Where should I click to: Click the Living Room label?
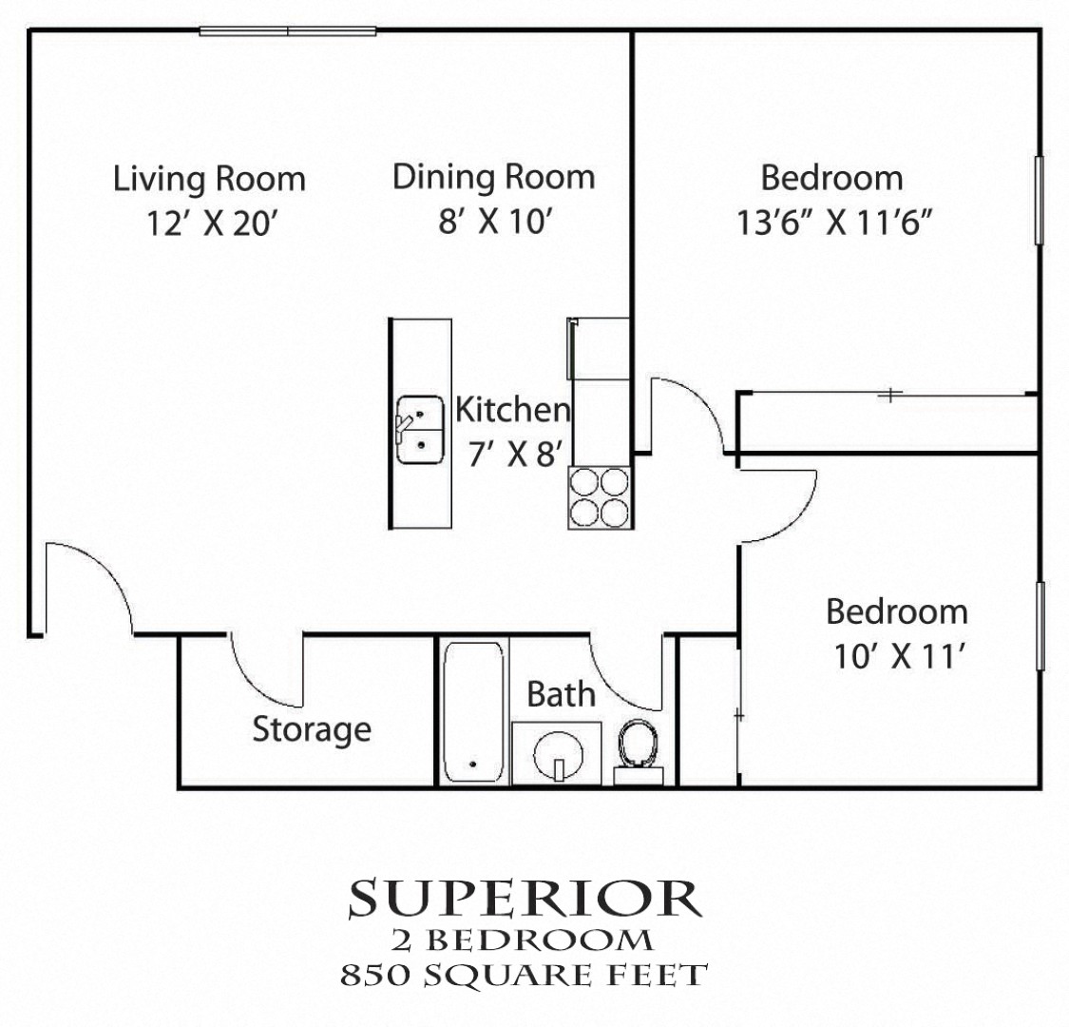pyautogui.click(x=209, y=179)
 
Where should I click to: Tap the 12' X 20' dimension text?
pyautogui.click(x=215, y=223)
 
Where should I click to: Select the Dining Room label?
pyautogui.click(x=493, y=177)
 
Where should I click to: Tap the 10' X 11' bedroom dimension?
pyautogui.click(x=897, y=656)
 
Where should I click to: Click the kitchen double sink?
pyautogui.click(x=420, y=430)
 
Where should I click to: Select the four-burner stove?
pyautogui.click(x=600, y=497)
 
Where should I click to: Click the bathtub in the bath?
pyautogui.click(x=473, y=712)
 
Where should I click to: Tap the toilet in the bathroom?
pyautogui.click(x=637, y=747)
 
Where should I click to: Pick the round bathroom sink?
pyautogui.click(x=556, y=755)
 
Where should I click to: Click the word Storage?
pyautogui.click(x=311, y=730)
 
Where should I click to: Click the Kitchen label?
pyautogui.click(x=513, y=410)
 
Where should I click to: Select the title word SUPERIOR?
pyautogui.click(x=525, y=899)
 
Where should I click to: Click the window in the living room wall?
pyautogui.click(x=288, y=31)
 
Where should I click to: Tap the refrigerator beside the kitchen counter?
pyautogui.click(x=599, y=348)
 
